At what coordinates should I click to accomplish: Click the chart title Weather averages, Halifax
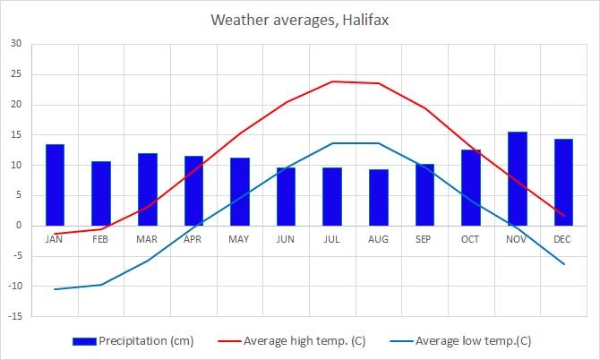pos(300,19)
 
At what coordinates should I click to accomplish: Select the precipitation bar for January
pos(55,184)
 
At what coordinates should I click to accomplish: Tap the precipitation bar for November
pos(518,178)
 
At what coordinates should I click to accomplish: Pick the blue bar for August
pos(379,197)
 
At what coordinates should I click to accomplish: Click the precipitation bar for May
pos(240,192)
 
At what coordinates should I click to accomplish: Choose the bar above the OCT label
pos(471,187)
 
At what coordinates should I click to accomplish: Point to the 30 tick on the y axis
pos(17,44)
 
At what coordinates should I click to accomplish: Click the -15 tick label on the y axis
pos(15,316)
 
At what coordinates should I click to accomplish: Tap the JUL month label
pos(332,239)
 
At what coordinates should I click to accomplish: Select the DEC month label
pos(563,239)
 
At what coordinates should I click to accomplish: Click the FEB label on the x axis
pos(101,239)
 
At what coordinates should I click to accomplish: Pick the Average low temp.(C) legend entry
pos(474,340)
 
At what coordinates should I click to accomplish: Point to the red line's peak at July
pos(332,81)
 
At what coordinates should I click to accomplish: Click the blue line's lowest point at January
pos(55,289)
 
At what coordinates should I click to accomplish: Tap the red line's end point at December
pos(563,215)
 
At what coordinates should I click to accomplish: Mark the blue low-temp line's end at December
pos(563,264)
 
